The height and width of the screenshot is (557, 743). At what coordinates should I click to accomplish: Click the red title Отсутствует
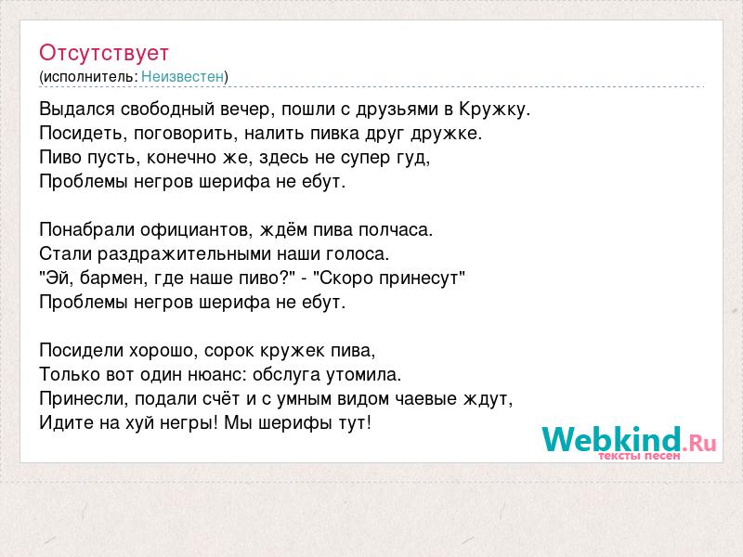[104, 53]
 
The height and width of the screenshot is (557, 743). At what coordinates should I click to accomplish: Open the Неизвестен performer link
[182, 76]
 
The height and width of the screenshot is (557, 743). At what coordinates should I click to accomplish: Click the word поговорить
[183, 134]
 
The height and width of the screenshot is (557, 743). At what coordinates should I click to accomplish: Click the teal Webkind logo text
[611, 439]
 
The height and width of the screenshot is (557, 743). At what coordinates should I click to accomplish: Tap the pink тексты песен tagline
[638, 456]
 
